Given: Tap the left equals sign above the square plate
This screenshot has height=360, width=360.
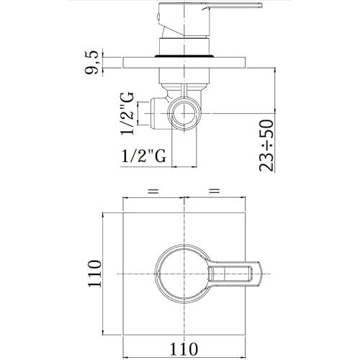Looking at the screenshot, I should point(152,191).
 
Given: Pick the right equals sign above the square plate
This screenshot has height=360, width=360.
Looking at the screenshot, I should point(213,191).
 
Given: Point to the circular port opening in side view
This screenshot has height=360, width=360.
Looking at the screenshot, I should point(185,112).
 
